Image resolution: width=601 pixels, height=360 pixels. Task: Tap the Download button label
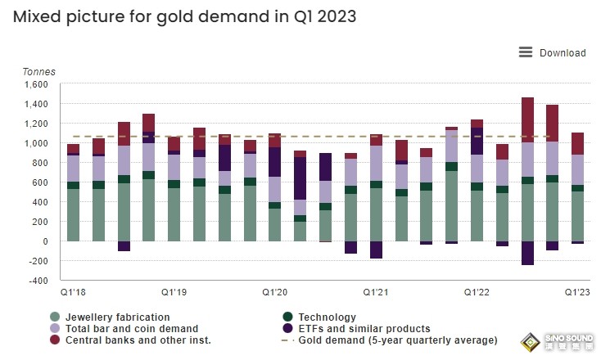pyautogui.click(x=563, y=53)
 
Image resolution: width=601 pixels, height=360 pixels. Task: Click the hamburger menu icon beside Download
pyautogui.click(x=526, y=52)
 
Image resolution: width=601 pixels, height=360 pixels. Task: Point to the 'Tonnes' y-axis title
pyautogui.click(x=39, y=71)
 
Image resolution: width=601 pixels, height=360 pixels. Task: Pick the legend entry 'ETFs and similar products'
pyautogui.click(x=364, y=329)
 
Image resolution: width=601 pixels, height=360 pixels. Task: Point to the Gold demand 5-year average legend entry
pyautogui.click(x=397, y=340)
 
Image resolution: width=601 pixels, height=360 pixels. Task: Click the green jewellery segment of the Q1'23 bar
pyautogui.click(x=577, y=216)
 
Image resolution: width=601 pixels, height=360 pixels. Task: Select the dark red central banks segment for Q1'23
pyautogui.click(x=577, y=144)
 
